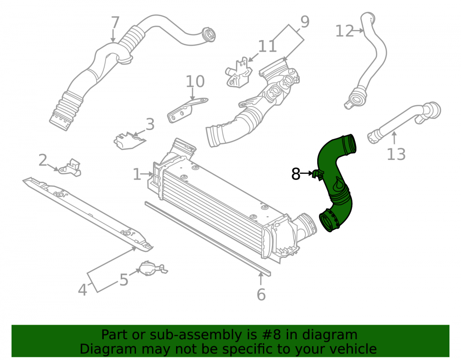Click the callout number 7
115,23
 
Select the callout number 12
345,31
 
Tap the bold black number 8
296,174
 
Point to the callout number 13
396,154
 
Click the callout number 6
261,295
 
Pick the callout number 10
195,82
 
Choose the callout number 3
150,124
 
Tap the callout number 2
43,160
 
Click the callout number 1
137,174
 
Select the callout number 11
267,46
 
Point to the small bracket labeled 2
70,168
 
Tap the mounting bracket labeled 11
239,73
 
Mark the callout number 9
305,22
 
